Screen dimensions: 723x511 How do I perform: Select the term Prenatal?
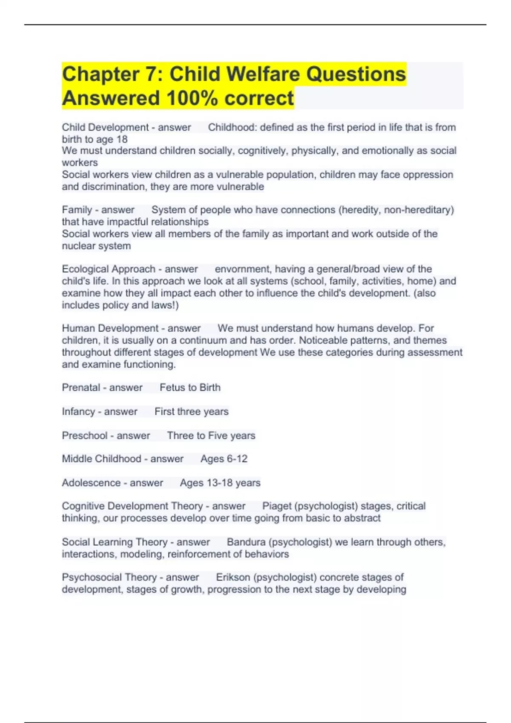81,387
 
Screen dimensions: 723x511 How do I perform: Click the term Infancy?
78,412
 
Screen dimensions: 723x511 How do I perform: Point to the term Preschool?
85,436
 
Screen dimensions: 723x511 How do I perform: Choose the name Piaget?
277,506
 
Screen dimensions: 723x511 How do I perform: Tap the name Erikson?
233,578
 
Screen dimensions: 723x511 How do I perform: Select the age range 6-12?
235,459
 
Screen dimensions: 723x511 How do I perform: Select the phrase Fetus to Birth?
190,387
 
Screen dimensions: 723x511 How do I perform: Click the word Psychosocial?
88,578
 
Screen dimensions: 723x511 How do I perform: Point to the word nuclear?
77,246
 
